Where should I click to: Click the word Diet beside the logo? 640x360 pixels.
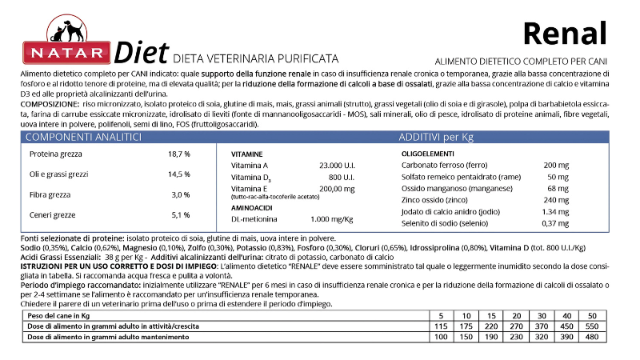141,53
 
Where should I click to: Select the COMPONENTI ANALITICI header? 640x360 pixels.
85,138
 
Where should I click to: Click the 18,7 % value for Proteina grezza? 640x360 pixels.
178,154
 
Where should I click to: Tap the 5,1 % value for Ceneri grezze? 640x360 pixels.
181,214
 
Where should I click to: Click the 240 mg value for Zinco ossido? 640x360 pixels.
556,199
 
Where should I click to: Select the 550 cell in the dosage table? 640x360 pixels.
592,326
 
